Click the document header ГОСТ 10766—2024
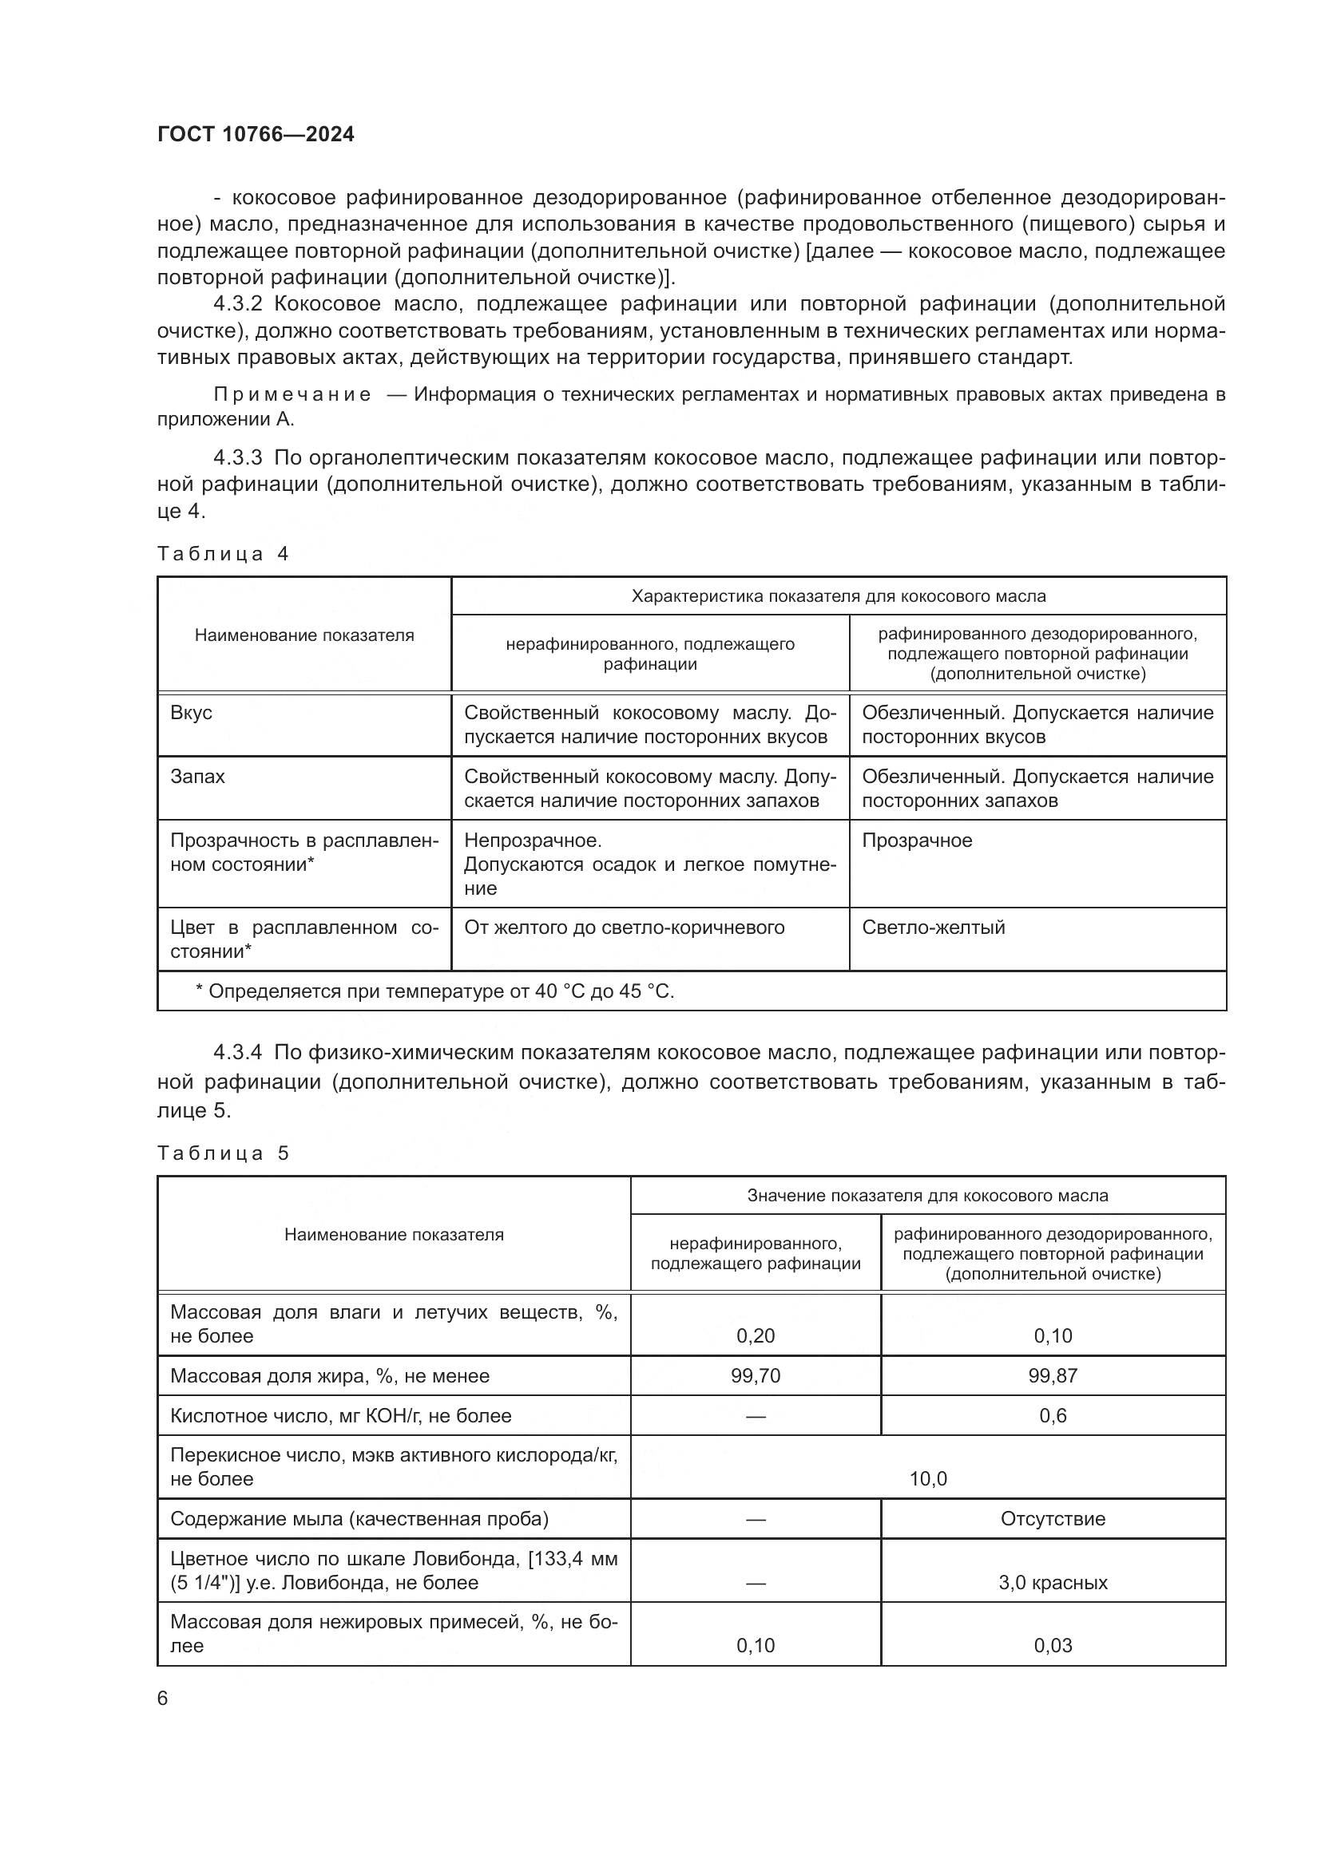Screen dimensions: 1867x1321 (x=256, y=134)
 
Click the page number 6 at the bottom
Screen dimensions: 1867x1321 (x=163, y=1699)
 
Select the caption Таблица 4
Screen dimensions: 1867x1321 (x=223, y=555)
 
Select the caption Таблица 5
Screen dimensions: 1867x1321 (x=223, y=1153)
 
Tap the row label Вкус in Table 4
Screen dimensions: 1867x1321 (x=191, y=713)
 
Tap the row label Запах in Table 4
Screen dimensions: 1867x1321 (x=197, y=777)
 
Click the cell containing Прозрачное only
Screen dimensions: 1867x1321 (x=917, y=841)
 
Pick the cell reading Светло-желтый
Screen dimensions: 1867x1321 (x=933, y=928)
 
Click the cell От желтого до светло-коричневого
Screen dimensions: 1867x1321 (x=624, y=928)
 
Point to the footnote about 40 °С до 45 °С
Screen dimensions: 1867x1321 (x=435, y=991)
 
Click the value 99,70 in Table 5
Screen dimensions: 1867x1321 (x=755, y=1376)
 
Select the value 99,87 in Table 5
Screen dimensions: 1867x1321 (x=1053, y=1376)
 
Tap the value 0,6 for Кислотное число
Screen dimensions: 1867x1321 (x=1053, y=1416)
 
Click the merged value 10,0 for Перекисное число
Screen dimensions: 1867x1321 (x=928, y=1479)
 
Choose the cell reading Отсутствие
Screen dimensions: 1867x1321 (x=1053, y=1519)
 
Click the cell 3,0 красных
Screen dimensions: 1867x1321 (x=1053, y=1582)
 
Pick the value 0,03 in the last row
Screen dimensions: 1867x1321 (x=1053, y=1646)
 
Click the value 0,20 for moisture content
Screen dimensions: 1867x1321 (x=755, y=1336)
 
